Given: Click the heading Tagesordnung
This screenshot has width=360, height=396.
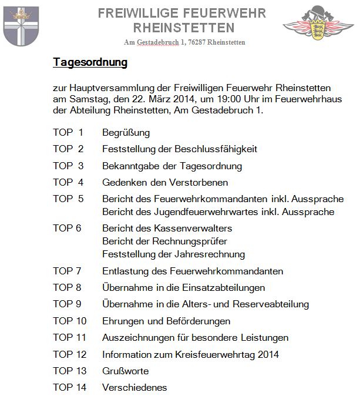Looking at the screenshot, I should pos(90,62).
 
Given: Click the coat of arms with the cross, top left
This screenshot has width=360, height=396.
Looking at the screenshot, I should pos(21,27).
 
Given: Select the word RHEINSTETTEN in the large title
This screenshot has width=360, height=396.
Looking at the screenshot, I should pos(184,28).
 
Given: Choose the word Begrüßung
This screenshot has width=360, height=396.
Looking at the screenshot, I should pos(126,132).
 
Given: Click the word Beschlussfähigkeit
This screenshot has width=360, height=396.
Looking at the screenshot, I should pos(218,149).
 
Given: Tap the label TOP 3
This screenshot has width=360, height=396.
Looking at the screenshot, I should pos(68,166).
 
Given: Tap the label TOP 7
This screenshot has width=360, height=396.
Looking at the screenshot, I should pos(68,271).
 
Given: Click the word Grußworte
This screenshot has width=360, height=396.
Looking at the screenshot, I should pos(125,371).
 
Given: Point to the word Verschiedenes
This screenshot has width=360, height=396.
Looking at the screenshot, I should pos(134,388).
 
